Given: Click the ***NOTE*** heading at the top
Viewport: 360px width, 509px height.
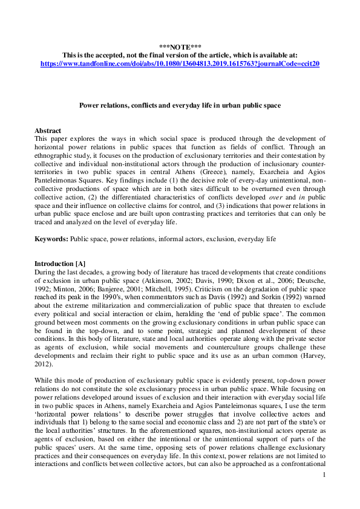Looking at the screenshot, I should [180, 47].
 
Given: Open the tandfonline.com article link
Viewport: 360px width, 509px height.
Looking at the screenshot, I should [180, 62].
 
